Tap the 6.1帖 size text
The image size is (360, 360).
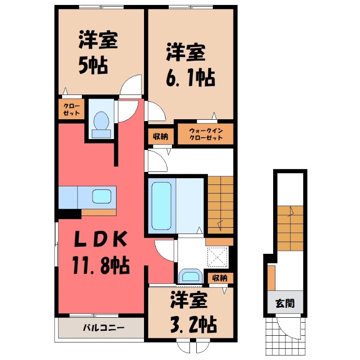pyautogui.click(x=190, y=77)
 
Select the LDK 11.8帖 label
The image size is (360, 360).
pyautogui.click(x=101, y=252)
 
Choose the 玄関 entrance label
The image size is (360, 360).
pyautogui.click(x=285, y=303)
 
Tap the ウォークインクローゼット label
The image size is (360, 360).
pyautogui.click(x=206, y=134)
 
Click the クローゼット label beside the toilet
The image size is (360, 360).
pyautogui.click(x=72, y=109)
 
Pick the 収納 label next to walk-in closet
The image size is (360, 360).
pyautogui.click(x=161, y=137)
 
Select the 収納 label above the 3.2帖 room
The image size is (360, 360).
pyautogui.click(x=220, y=278)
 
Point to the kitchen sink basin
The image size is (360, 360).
pyautogui.click(x=102, y=197)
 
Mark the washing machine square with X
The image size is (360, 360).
pyautogui.click(x=217, y=257)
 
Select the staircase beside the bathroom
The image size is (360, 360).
pyautogui.click(x=220, y=205)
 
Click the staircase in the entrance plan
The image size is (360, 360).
pyautogui.click(x=290, y=228)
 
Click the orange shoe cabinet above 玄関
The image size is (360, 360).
pyautogui.click(x=272, y=278)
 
